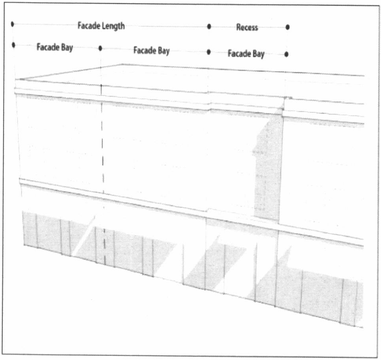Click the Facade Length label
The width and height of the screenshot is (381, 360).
(101, 26)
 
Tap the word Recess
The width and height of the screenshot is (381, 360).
(247, 27)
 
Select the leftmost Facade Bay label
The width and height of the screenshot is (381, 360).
(55, 47)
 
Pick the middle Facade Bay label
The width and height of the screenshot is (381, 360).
(151, 51)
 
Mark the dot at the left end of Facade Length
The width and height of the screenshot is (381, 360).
(13, 24)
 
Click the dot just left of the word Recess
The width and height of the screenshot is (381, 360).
(209, 27)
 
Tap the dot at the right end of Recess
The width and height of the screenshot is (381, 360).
(288, 27)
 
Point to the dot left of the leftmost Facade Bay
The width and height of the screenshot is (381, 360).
(13, 45)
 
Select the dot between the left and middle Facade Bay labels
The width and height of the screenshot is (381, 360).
(100, 48)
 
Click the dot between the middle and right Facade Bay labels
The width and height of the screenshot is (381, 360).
(209, 52)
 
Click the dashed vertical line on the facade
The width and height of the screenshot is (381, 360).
(103, 158)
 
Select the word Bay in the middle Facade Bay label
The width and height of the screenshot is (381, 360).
(163, 51)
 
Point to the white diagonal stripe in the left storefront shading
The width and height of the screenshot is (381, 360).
(84, 235)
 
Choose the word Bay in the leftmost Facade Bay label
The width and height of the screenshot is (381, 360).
(67, 48)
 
